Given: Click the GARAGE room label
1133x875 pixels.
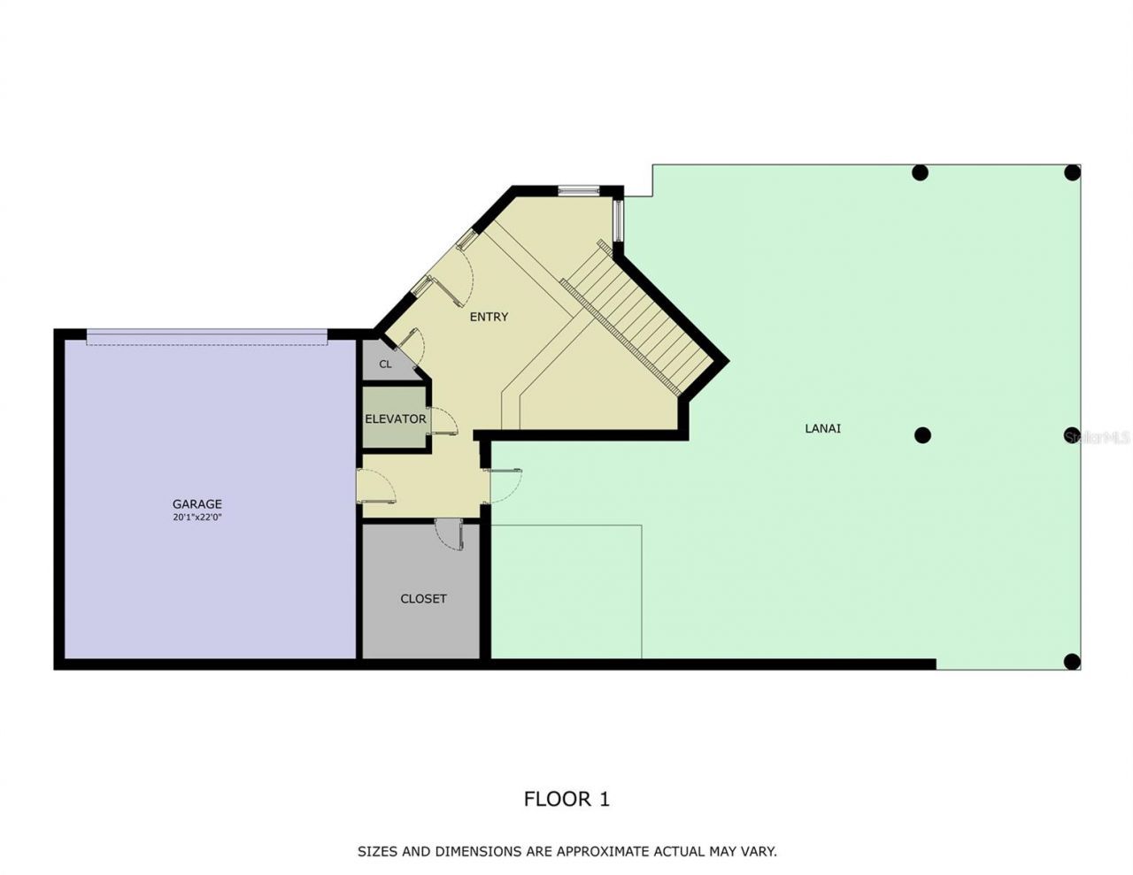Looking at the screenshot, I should tap(197, 504).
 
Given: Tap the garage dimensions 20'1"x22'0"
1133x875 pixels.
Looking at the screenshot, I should tap(197, 517).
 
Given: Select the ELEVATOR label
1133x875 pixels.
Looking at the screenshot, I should tap(395, 419).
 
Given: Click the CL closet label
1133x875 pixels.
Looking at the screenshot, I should tap(385, 365).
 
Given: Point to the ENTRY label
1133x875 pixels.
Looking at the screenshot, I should tap(489, 317).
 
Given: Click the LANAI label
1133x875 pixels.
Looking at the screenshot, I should tap(822, 428).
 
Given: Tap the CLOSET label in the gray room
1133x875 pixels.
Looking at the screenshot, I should tap(423, 599).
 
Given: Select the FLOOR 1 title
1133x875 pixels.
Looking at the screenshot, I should tap(566, 799).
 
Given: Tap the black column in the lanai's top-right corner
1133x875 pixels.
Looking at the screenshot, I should tap(1072, 173).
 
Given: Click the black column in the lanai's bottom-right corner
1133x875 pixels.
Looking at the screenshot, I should tap(1071, 661).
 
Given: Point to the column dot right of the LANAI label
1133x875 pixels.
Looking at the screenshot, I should tap(922, 435).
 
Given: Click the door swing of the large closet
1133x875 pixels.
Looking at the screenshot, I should tap(450, 536).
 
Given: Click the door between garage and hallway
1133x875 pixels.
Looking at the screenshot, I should tap(374, 486).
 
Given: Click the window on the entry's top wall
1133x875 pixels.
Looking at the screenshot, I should tap(579, 189).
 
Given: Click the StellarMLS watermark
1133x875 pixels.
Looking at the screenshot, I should tap(1098, 437).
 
